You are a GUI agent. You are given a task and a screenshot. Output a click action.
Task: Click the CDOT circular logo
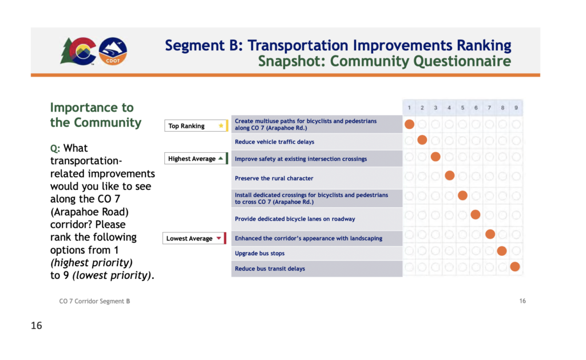tap(113, 51)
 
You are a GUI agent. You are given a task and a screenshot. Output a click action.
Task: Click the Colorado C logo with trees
tap(78, 51)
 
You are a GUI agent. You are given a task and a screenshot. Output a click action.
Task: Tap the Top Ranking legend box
tap(196, 125)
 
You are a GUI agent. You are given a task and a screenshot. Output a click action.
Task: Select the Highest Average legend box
tap(196, 159)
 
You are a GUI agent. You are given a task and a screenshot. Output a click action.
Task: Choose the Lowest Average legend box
tap(195, 238)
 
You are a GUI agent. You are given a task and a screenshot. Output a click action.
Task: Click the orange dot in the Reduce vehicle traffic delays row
tap(422, 140)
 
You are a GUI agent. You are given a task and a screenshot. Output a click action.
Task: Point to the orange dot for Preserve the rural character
tap(450, 175)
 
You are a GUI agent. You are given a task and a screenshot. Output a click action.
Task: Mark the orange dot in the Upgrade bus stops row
tap(502, 251)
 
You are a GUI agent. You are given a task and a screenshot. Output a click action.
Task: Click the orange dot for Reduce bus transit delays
tap(515, 267)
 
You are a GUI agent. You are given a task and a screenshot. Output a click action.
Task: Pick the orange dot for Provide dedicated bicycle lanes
tap(476, 215)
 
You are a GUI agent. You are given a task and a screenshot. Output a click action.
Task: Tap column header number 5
tap(462, 108)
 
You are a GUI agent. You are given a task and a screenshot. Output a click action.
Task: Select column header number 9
tap(516, 108)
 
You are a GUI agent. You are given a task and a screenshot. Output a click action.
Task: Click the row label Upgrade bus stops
tap(260, 254)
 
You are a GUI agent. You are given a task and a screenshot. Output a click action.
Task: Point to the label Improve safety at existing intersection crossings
tap(301, 159)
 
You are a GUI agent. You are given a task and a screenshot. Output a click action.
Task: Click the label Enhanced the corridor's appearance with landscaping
tap(308, 239)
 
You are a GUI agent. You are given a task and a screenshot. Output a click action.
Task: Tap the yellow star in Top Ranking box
tap(221, 125)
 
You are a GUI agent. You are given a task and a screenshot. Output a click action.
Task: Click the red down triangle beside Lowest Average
tap(219, 238)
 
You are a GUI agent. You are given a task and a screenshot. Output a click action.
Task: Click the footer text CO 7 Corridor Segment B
tap(94, 301)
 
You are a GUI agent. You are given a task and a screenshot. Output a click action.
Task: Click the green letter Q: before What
tap(55, 149)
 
